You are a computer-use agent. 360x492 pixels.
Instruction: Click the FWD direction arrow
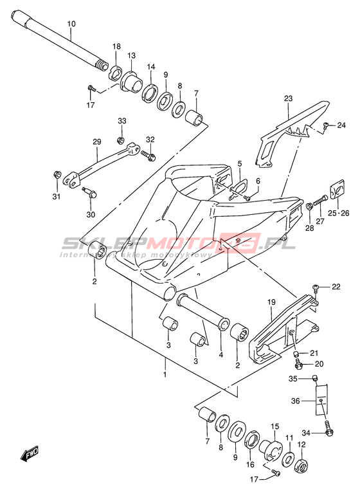pyautogui.click(x=30, y=454)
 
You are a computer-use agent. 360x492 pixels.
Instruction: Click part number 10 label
pyautogui.click(x=71, y=24)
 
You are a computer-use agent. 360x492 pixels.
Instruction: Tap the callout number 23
pyautogui.click(x=288, y=98)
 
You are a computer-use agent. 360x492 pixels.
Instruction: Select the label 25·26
pyautogui.click(x=336, y=214)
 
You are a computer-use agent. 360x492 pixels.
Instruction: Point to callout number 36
pyautogui.click(x=296, y=401)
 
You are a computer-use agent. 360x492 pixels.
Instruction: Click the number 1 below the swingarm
pyautogui.click(x=165, y=375)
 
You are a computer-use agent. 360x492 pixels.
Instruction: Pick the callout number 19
pyautogui.click(x=271, y=302)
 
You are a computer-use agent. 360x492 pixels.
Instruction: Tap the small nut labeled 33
pyautogui.click(x=120, y=140)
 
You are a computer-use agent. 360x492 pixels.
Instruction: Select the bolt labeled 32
pyautogui.click(x=148, y=156)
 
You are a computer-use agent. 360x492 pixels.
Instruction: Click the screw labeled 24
pyautogui.click(x=325, y=125)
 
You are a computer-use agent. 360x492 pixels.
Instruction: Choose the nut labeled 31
pyautogui.click(x=57, y=174)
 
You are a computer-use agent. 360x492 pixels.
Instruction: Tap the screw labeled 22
pyautogui.click(x=316, y=287)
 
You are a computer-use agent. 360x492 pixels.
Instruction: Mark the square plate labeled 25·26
pyautogui.click(x=337, y=190)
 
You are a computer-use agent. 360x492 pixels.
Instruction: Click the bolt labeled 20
pyautogui.click(x=297, y=365)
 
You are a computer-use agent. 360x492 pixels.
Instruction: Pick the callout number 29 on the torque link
pyautogui.click(x=96, y=142)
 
